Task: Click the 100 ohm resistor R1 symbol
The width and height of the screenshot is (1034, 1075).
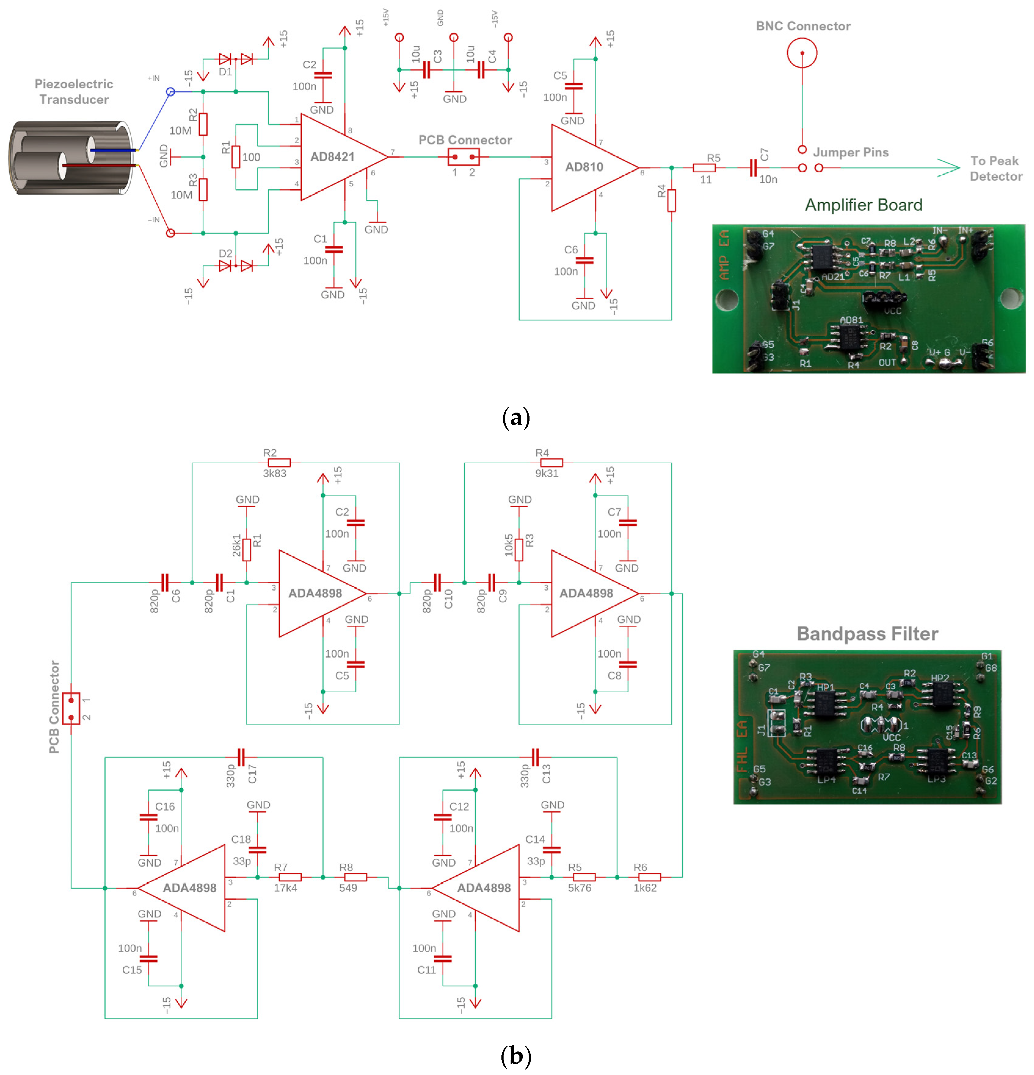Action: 236,157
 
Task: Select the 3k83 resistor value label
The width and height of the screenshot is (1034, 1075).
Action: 274,473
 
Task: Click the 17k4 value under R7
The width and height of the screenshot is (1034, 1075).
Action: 285,888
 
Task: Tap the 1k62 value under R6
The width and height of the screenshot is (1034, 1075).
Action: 645,888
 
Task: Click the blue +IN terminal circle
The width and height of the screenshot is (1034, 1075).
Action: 171,92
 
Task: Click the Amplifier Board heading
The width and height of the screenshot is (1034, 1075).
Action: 863,205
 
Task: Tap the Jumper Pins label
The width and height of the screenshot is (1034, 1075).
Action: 850,152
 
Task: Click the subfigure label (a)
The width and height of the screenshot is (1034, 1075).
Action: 516,418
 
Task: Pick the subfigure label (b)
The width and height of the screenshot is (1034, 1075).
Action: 516,1056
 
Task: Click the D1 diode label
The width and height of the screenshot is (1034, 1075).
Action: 225,72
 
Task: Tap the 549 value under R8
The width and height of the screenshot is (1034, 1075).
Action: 348,888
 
